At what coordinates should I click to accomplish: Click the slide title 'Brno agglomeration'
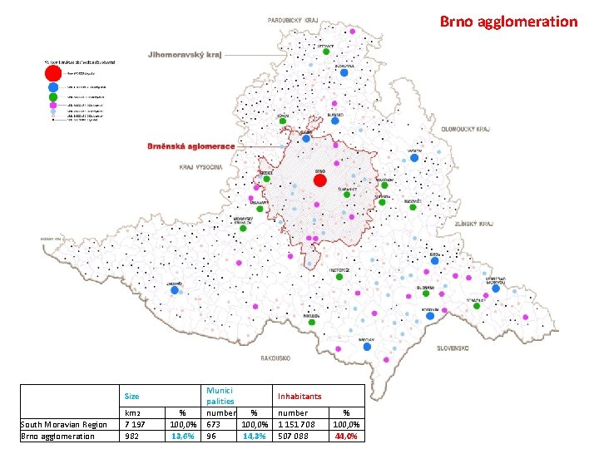pos(507,22)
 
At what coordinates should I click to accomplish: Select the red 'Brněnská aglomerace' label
pos(191,146)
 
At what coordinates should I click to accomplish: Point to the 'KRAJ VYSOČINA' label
pos(200,167)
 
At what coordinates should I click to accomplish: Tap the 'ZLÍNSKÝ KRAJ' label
pos(474,224)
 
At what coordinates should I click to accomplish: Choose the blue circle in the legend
pos(53,87)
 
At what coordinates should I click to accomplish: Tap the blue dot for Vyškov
pos(413,158)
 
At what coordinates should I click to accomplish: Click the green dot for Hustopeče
pos(339,277)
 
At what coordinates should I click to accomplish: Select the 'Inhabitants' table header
pos(299,396)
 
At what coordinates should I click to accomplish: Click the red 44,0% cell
pos(347,436)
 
